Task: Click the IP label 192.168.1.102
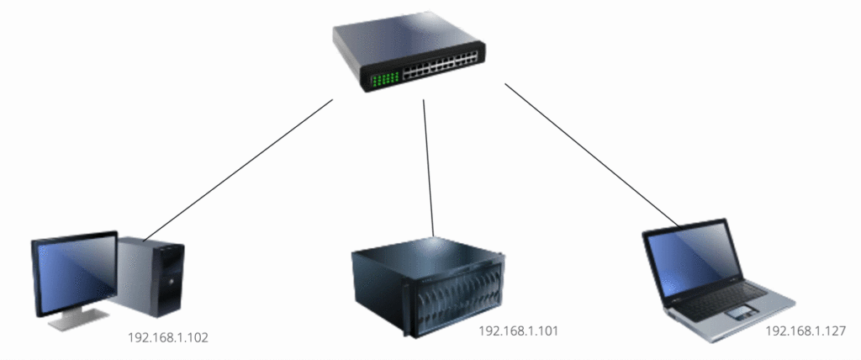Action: (x=168, y=337)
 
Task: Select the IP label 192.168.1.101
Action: (x=518, y=331)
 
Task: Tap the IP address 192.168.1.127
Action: (x=806, y=331)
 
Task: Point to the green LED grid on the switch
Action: (x=384, y=80)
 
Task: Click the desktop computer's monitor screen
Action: (x=76, y=273)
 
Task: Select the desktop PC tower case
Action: (x=151, y=277)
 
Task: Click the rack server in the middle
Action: (x=428, y=288)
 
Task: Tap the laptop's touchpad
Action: (x=740, y=314)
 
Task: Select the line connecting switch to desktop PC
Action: (x=238, y=171)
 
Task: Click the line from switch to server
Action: (x=428, y=167)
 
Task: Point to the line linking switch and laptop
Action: (x=593, y=156)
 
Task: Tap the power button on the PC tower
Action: (x=170, y=282)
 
